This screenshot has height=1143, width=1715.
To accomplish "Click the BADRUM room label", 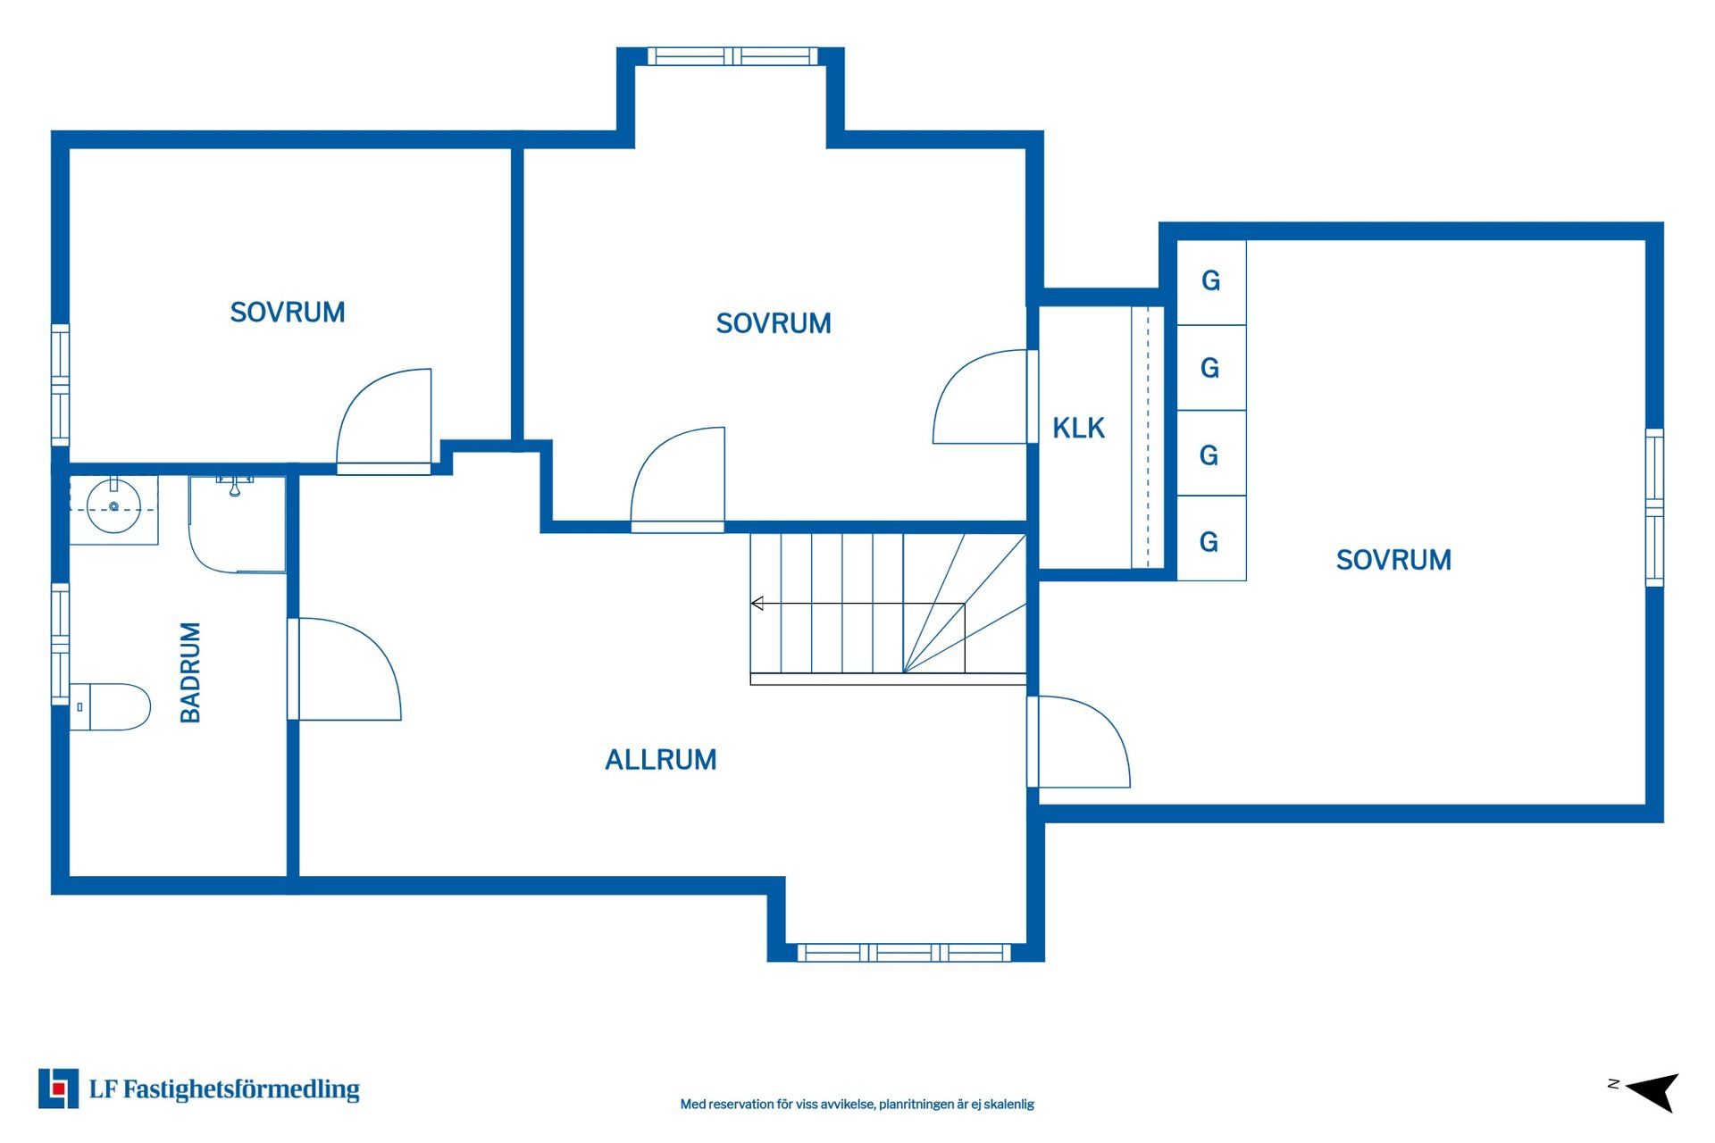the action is [190, 672].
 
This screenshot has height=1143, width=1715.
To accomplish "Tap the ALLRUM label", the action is [661, 760].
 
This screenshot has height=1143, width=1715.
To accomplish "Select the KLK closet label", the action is [1078, 429].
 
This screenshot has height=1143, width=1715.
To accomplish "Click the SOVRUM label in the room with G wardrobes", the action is [1393, 560].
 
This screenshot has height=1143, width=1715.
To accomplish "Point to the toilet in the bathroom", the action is [110, 707].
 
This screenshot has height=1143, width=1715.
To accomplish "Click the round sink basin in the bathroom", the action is [113, 507].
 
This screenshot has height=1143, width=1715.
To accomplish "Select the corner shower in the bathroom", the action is [237, 524].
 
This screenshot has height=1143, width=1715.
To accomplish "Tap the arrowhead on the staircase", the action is [757, 604].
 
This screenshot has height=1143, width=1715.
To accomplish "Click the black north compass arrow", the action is [1653, 1091].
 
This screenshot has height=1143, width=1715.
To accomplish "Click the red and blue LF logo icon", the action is [58, 1089].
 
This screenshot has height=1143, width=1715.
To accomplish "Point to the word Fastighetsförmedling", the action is [241, 1089].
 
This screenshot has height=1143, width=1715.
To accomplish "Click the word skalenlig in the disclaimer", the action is [1008, 1105].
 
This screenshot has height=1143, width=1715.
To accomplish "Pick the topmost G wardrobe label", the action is [1210, 281].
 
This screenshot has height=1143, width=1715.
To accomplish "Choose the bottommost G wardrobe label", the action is [1209, 542].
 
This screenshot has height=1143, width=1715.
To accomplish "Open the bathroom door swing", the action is [345, 669].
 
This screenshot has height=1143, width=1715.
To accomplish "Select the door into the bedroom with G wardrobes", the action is [1079, 742].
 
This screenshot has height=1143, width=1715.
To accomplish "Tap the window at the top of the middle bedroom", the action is [732, 56].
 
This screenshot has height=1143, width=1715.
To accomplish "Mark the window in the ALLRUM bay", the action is [904, 953].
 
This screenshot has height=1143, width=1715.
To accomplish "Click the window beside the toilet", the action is [60, 643].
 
